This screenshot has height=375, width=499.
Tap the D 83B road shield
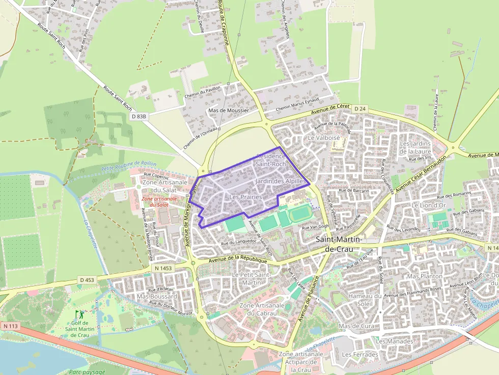click(138, 116)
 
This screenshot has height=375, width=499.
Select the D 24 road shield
click(359, 109)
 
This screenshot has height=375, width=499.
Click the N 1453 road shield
click(162, 268)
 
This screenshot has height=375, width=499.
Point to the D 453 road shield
click(87, 279)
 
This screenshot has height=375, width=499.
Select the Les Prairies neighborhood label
click(245, 197)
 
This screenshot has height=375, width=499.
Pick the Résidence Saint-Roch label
click(271, 160)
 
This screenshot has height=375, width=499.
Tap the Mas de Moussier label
click(229, 110)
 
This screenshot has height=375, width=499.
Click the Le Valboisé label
click(323, 138)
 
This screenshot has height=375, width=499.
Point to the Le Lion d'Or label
click(429, 205)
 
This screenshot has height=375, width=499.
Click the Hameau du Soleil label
click(365, 300)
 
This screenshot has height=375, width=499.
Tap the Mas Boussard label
click(157, 296)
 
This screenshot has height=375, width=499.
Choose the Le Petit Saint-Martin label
click(251, 278)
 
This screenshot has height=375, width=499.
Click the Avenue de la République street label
click(238, 260)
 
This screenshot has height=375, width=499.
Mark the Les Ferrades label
click(359, 354)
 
